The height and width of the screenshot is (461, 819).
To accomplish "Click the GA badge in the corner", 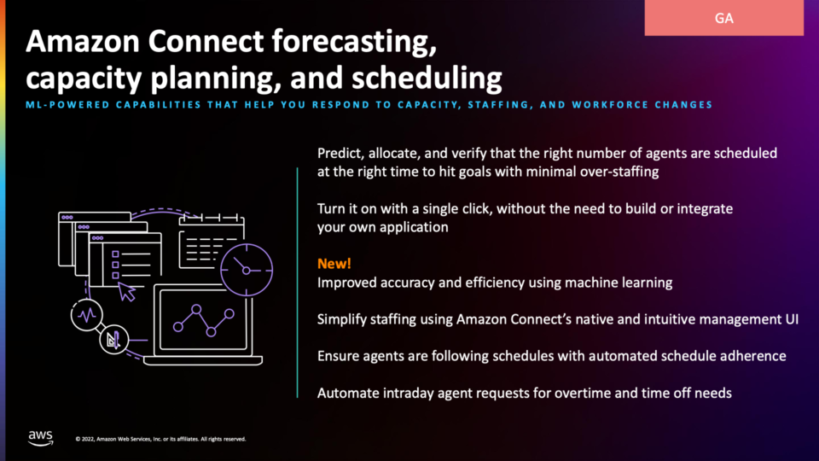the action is point(724,18).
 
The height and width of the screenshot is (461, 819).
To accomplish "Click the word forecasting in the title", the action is point(354,42).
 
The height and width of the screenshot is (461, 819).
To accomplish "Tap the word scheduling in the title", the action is point(427,79).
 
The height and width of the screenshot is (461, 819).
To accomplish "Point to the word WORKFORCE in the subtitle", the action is point(604,104).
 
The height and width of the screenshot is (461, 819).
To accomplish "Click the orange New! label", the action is point(334,264).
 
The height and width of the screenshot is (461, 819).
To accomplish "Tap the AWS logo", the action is point(40,438).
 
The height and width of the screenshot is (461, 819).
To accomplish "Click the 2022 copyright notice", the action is point(160,439).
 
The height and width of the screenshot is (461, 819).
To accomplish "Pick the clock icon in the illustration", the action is point(247,271).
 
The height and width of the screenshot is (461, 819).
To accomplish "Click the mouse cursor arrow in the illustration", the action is point(126,292).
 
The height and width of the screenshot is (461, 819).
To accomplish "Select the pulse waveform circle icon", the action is point(87,315).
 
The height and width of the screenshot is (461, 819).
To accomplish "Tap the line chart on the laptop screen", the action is point(204,319).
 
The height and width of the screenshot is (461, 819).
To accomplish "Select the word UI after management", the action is point(792,318).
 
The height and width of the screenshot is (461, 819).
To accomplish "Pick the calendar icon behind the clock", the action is point(211,241).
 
